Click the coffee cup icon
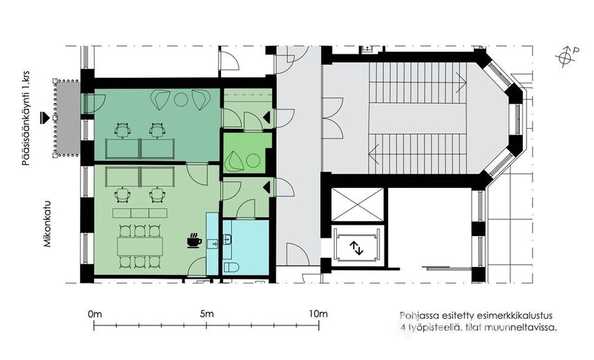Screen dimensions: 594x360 194,240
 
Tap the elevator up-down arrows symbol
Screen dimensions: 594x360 356,248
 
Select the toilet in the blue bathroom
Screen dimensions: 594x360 231,267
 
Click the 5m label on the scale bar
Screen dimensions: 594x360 207,314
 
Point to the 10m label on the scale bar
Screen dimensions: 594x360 318,314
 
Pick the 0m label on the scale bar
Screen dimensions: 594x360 95,314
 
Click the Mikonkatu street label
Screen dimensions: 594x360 47,224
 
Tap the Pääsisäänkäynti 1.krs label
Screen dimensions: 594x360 26,118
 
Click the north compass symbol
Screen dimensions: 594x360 567,57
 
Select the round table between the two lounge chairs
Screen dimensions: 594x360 181,99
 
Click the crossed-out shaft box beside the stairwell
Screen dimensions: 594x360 357,204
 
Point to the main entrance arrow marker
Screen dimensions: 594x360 45,118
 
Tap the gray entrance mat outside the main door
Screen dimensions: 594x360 67,118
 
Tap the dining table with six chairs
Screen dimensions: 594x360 140,246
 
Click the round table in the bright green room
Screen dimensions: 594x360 252,161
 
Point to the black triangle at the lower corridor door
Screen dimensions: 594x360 266,187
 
